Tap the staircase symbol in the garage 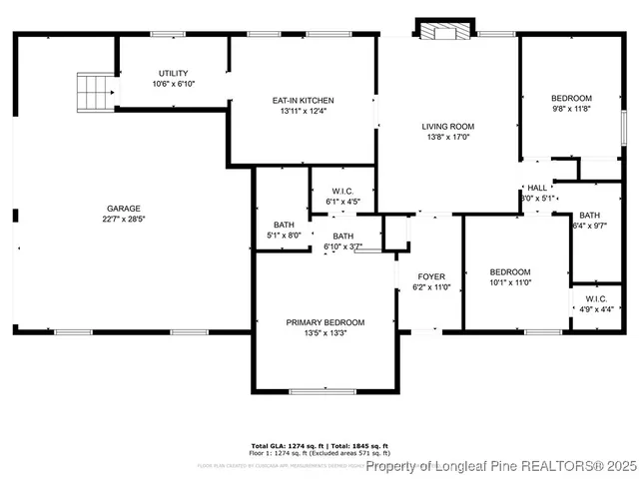pyautogui.click(x=95, y=92)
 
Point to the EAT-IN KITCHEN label pyautogui.click(x=303, y=100)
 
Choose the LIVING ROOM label pyautogui.click(x=446, y=126)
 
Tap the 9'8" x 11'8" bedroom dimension pyautogui.click(x=571, y=108)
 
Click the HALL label pyautogui.click(x=537, y=188)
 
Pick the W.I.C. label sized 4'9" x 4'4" pyautogui.click(x=589, y=299)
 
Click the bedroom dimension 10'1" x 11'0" pyautogui.click(x=509, y=282)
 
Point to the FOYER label pyautogui.click(x=431, y=276)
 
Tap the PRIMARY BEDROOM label pyautogui.click(x=324, y=322)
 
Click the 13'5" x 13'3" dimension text pyautogui.click(x=324, y=333)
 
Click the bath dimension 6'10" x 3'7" pyautogui.click(x=342, y=246)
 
